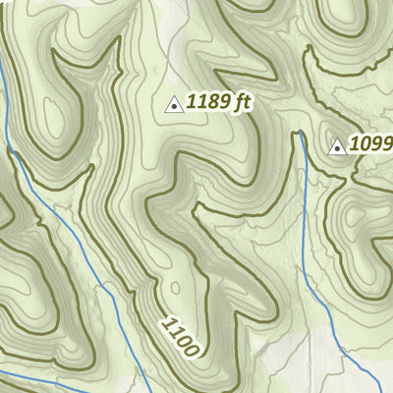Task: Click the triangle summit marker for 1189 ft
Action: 174,103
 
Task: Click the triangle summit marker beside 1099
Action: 338,147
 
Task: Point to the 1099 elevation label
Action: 371,145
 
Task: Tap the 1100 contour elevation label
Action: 182,336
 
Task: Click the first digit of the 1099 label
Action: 355,146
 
